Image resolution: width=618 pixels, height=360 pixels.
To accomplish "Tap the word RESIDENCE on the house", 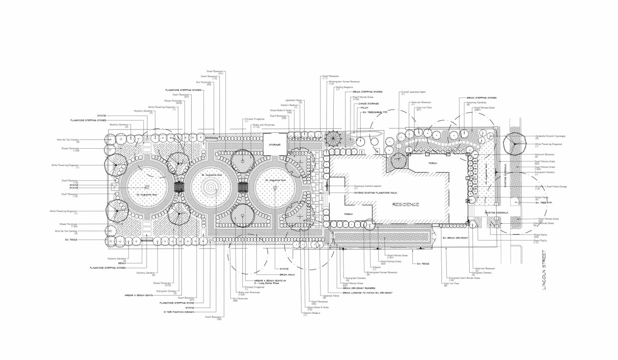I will [x=406, y=204].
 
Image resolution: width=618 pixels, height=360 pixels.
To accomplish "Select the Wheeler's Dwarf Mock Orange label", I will [x=551, y=187].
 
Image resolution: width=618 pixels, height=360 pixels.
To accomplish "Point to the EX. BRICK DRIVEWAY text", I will [x=455, y=238].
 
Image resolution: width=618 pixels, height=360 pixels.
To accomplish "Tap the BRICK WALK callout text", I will [x=287, y=274].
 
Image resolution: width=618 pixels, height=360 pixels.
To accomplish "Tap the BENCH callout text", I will [x=122, y=263].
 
